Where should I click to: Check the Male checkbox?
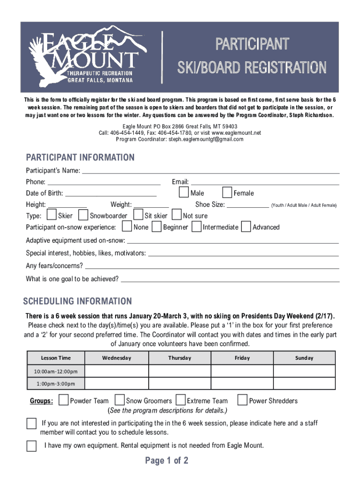(x=184, y=193)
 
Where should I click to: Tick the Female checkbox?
(x=227, y=193)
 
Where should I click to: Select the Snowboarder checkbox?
(x=83, y=215)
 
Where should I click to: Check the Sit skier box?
(x=138, y=215)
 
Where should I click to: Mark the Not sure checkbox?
(x=177, y=215)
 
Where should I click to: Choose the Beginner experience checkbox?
(x=157, y=227)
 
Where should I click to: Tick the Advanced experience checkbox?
(x=246, y=227)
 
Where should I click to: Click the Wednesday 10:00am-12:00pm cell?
(x=116, y=371)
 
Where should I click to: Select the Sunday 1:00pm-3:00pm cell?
(x=304, y=384)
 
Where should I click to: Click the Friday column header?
(x=242, y=358)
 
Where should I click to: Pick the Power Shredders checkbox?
(x=242, y=400)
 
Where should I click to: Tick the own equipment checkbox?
(x=31, y=446)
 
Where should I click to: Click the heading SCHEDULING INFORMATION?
(x=78, y=301)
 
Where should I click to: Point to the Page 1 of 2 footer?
(x=166, y=461)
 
